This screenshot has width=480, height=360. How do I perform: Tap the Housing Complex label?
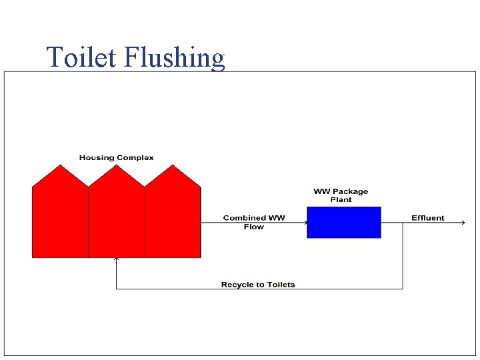(x=116, y=158)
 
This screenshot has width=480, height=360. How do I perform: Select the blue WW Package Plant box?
(x=344, y=222)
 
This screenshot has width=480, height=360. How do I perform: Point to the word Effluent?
(x=427, y=218)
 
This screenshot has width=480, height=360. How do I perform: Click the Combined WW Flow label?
(x=254, y=222)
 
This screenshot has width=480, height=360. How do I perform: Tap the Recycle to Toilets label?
(x=258, y=285)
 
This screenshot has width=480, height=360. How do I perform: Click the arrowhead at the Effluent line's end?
(x=463, y=223)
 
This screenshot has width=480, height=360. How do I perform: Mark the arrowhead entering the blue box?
(x=304, y=223)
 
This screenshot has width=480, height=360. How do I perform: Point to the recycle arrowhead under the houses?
(x=117, y=259)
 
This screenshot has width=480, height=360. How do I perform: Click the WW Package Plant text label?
(x=341, y=195)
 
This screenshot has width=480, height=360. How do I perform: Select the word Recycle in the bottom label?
(x=237, y=285)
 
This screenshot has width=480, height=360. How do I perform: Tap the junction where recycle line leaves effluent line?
(x=403, y=223)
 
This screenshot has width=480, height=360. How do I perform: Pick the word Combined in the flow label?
(x=241, y=218)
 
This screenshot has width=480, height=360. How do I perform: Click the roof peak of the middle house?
(x=117, y=166)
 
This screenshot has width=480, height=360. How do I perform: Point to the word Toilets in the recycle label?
(x=281, y=285)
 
